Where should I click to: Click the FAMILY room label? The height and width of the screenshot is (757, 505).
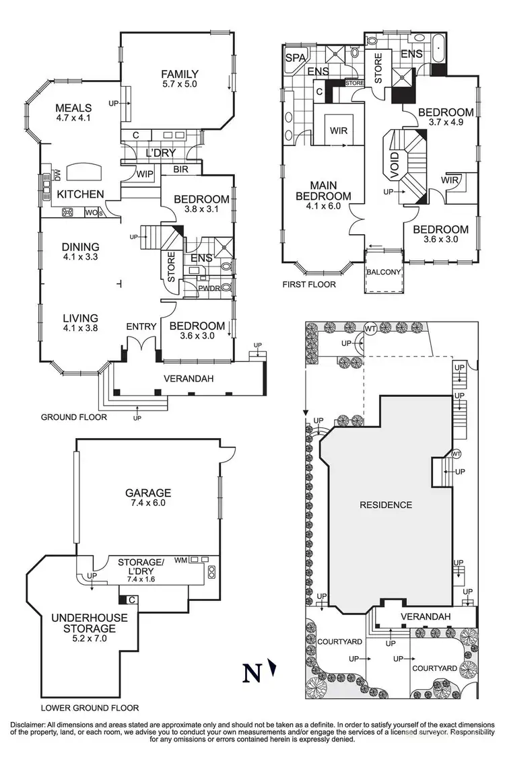(180, 74)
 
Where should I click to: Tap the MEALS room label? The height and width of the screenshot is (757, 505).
(73, 108)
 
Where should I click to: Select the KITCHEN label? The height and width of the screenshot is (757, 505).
(80, 194)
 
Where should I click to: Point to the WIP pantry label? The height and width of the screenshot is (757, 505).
(145, 174)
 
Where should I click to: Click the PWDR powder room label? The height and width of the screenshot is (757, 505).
(209, 288)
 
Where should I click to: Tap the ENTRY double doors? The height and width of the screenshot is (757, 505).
(141, 344)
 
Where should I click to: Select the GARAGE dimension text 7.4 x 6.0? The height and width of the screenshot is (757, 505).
(148, 503)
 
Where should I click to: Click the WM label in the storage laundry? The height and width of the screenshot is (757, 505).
(180, 560)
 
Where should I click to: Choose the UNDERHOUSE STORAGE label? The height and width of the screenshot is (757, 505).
(90, 623)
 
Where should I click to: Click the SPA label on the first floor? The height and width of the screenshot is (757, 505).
(296, 58)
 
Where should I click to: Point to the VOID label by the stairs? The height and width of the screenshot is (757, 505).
(395, 166)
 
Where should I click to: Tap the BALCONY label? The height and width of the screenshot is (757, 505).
(384, 272)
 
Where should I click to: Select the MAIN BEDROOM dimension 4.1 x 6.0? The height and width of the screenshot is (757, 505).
(323, 206)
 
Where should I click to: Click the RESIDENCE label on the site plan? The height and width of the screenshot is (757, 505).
(386, 505)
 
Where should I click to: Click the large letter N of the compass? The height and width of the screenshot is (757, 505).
(251, 672)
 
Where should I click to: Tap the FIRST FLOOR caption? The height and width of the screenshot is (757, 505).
(309, 285)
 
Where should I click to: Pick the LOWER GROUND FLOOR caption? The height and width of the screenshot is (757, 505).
(90, 709)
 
